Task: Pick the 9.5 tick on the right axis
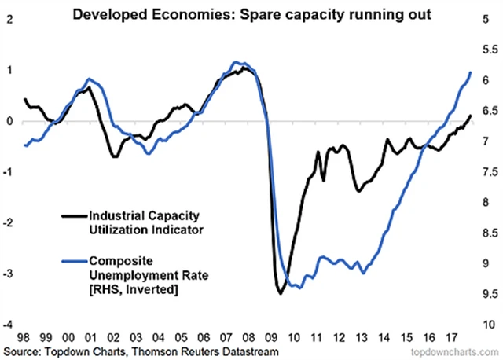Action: coord(486,294)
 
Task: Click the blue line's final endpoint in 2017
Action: coord(471,72)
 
